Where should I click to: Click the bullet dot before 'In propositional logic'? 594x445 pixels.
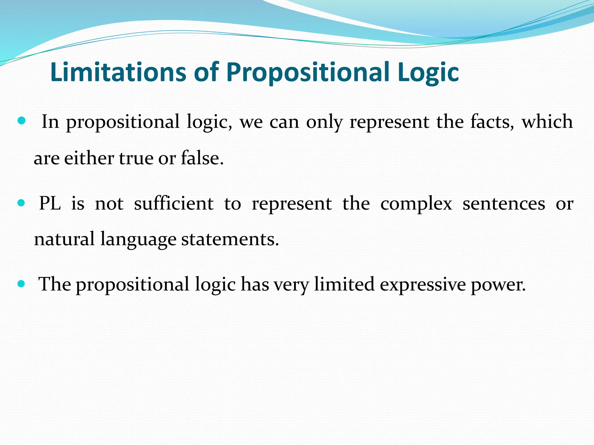coord(21,120)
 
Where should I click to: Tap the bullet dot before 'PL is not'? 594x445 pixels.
coord(21,203)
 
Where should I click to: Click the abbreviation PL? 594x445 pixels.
coord(50,203)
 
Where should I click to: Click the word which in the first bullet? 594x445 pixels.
coord(547,121)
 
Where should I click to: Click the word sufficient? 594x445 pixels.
coord(173,203)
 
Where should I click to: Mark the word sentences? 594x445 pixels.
coord(504,204)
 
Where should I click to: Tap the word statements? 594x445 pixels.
coord(230,240)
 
